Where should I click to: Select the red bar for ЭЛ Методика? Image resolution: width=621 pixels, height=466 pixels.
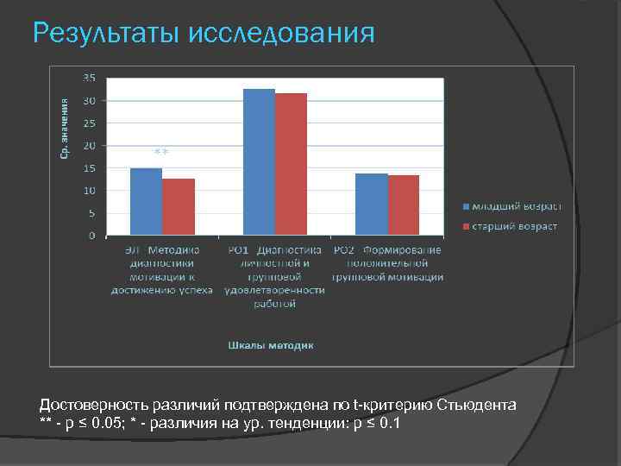179,207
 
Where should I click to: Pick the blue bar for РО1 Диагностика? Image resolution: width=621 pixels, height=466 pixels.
259,161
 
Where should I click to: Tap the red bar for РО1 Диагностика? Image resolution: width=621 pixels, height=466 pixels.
291,164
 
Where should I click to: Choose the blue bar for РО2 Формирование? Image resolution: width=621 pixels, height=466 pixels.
372,205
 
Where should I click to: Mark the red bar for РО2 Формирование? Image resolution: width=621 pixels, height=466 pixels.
404,205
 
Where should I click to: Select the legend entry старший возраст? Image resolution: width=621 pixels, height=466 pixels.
510,226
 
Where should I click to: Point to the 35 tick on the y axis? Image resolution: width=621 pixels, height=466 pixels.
90,78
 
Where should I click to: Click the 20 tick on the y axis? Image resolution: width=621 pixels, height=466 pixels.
90,145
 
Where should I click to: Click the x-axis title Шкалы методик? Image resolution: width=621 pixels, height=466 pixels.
271,345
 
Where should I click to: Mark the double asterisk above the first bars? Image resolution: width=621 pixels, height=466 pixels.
161,153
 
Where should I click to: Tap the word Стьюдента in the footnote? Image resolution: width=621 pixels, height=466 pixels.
478,405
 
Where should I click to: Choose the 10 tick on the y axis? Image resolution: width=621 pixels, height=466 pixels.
90,191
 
